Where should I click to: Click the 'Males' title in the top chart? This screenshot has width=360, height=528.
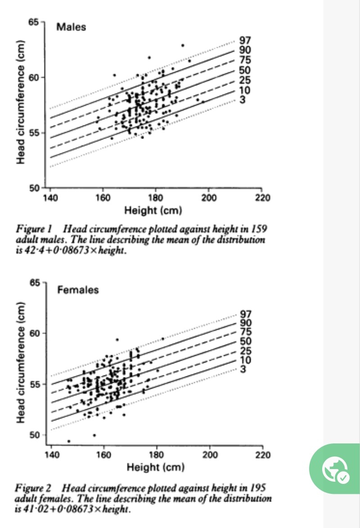71,27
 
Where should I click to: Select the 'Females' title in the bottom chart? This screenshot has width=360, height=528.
78,290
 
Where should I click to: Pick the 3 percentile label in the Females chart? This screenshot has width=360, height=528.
243,370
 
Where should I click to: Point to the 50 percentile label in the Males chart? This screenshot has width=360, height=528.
245,70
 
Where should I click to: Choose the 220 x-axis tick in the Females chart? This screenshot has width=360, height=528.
263,455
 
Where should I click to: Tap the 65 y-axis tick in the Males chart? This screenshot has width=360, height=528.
34,22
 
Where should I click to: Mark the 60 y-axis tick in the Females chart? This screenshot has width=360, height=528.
35,333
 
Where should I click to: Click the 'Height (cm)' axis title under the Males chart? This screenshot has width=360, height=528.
153,210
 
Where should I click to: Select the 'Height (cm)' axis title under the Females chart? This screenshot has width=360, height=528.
156,467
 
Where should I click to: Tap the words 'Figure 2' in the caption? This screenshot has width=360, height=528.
33,488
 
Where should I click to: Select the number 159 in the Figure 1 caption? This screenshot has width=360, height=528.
258,229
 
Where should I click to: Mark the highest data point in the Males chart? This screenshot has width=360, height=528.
183,45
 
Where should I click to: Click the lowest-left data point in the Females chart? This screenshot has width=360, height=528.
68,441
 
